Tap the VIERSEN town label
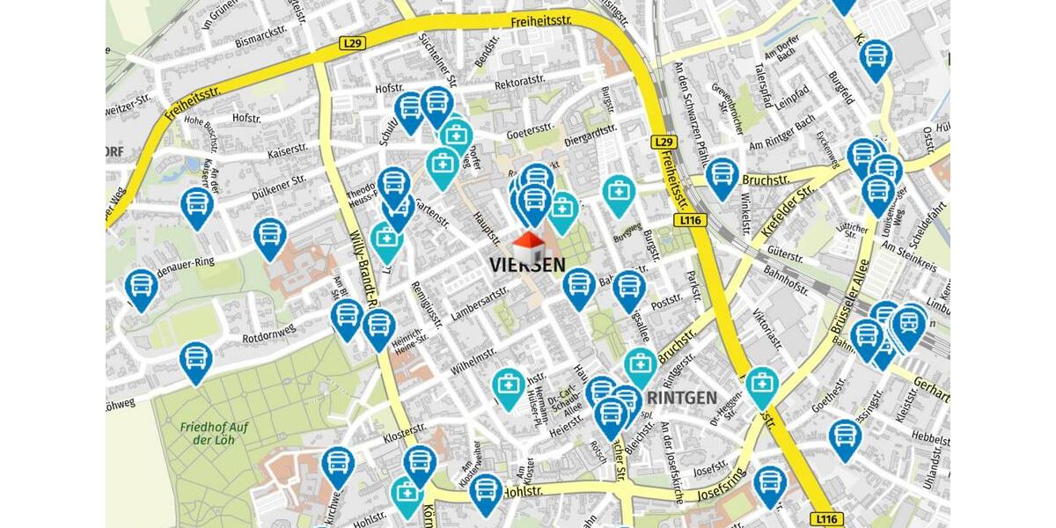click(x=527, y=264)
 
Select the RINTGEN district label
click(x=681, y=398)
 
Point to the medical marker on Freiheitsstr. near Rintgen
click(x=762, y=385)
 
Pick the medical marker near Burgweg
click(x=620, y=194)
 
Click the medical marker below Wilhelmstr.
click(x=509, y=386)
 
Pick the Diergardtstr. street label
click(x=591, y=134)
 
